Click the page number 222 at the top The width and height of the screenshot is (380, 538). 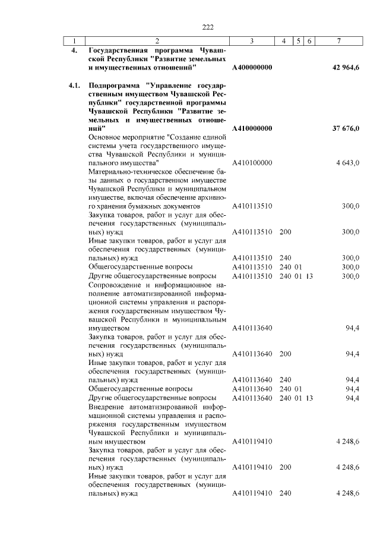pyautogui.click(x=207, y=27)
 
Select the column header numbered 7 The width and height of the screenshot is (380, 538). pyautogui.click(x=338, y=41)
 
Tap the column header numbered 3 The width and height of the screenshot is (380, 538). pyautogui.click(x=252, y=41)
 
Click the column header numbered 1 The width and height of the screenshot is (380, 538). pyautogui.click(x=74, y=41)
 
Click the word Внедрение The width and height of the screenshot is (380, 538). pyautogui.click(x=105, y=407)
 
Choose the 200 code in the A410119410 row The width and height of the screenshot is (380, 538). pyautogui.click(x=285, y=468)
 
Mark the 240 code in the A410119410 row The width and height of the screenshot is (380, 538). pyautogui.click(x=285, y=493)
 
